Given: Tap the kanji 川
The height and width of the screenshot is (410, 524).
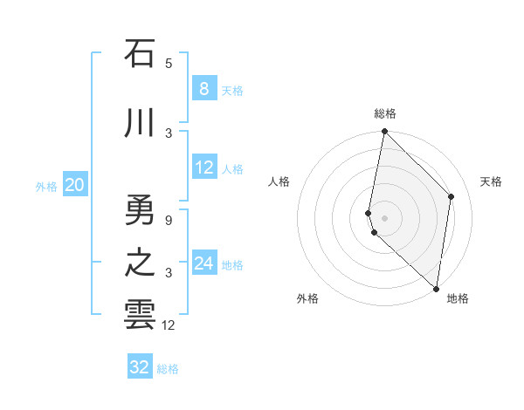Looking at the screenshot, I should [x=140, y=124].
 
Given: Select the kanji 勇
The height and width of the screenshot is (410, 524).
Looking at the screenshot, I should [x=140, y=210].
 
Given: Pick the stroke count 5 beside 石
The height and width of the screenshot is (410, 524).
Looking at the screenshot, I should [x=169, y=63].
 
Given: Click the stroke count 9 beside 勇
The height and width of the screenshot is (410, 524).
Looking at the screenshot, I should [x=169, y=220].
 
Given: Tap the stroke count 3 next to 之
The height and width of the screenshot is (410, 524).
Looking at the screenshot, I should [x=169, y=273].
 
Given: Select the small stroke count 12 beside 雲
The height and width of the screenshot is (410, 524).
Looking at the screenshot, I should [x=169, y=325].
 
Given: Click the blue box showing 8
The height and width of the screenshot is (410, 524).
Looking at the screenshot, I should [x=203, y=89].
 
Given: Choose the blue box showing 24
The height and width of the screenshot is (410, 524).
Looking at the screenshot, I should [x=203, y=263].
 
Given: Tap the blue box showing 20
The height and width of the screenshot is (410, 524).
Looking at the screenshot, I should [x=75, y=185].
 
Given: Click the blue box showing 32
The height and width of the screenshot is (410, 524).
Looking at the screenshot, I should [x=140, y=367].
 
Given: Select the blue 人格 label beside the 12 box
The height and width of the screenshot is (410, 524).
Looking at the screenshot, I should [x=232, y=169].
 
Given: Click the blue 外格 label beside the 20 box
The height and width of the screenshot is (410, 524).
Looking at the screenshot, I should [x=46, y=186].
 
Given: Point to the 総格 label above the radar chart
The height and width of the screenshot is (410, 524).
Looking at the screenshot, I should [x=385, y=113].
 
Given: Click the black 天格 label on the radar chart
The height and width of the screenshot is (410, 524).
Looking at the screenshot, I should [x=491, y=181].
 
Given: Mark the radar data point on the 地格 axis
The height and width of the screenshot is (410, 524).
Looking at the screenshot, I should [x=436, y=288].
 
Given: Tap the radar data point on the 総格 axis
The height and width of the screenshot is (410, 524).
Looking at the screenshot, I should [x=384, y=132].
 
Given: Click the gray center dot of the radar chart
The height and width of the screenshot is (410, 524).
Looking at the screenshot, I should [x=384, y=217].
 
